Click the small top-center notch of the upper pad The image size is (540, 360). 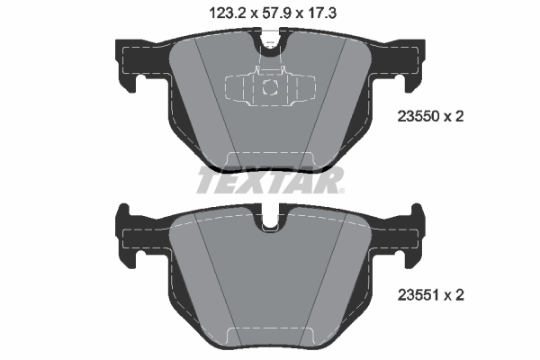(269, 40)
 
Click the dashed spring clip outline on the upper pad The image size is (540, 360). (269, 87)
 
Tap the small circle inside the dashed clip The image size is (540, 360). (269, 87)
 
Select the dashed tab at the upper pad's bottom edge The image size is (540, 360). (269, 159)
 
